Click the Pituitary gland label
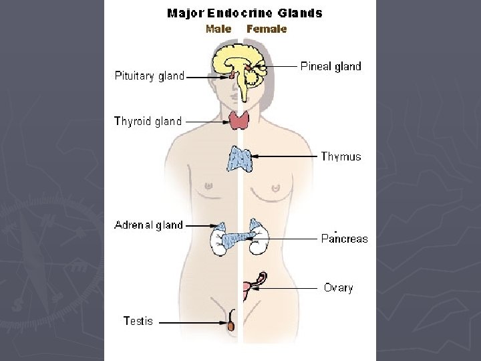click(x=149, y=76)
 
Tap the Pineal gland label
click(x=331, y=66)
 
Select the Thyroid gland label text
click(x=148, y=121)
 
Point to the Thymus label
click(x=341, y=156)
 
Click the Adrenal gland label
click(x=148, y=225)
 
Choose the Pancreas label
click(x=344, y=238)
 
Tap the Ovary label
click(x=338, y=288)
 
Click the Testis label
click(x=138, y=321)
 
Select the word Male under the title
click(x=218, y=29)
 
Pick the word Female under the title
click(x=267, y=29)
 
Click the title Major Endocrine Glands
click(x=244, y=13)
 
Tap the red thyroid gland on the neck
click(x=240, y=120)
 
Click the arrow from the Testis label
click(x=194, y=322)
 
